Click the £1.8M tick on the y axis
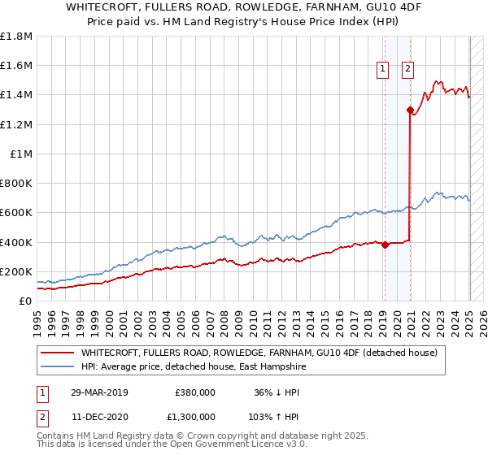tap(15, 37)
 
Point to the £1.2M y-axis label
tap(15, 124)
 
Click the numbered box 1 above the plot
tap(381, 70)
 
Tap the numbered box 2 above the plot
tap(407, 70)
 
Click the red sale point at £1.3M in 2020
tap(410, 110)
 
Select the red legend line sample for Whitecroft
tap(57, 353)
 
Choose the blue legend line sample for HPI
tap(57, 366)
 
